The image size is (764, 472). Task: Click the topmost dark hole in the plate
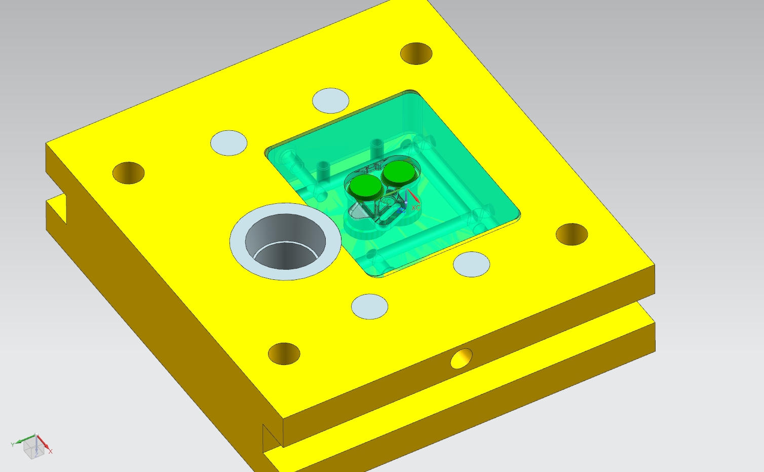(416, 53)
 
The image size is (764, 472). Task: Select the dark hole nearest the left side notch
(128, 173)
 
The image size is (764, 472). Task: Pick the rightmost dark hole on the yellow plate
(571, 234)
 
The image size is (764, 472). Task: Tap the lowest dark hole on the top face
(284, 353)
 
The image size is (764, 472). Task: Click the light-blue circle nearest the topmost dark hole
(330, 100)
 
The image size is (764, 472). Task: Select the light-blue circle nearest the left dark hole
(228, 142)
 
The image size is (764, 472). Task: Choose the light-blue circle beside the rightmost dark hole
(471, 264)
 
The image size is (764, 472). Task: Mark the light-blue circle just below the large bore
(369, 306)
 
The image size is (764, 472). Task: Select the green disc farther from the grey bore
(399, 173)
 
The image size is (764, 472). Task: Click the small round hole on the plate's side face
(461, 358)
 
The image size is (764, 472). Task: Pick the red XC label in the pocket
(416, 208)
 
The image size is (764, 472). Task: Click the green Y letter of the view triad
(12, 445)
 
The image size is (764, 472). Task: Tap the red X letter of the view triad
(51, 451)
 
